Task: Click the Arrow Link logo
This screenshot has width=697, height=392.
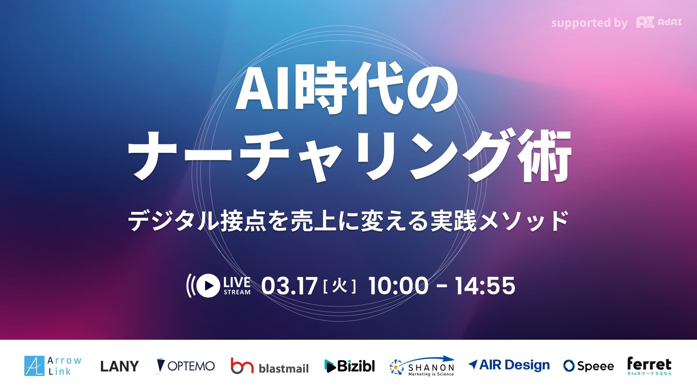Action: click(x=53, y=366)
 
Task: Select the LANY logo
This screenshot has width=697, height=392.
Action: click(x=119, y=366)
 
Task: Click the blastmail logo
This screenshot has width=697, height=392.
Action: click(x=270, y=366)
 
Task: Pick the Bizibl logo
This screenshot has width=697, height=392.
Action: click(x=350, y=366)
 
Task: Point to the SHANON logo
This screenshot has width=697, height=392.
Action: click(x=422, y=366)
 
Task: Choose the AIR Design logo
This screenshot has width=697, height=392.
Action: click(x=509, y=365)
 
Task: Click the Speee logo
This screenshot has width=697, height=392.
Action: click(x=588, y=366)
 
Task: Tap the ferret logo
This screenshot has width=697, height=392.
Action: click(x=649, y=366)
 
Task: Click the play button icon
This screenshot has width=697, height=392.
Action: click(x=208, y=286)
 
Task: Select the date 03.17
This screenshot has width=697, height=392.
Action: click(x=289, y=286)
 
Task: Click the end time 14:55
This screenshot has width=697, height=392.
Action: click(x=485, y=286)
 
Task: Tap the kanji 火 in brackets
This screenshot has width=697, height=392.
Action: click(x=339, y=286)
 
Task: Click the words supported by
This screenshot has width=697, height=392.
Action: click(x=589, y=23)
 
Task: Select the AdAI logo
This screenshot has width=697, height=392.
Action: click(x=659, y=22)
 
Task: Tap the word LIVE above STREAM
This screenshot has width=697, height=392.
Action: click(x=237, y=282)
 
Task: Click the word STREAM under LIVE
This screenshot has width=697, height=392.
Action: click(x=237, y=292)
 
